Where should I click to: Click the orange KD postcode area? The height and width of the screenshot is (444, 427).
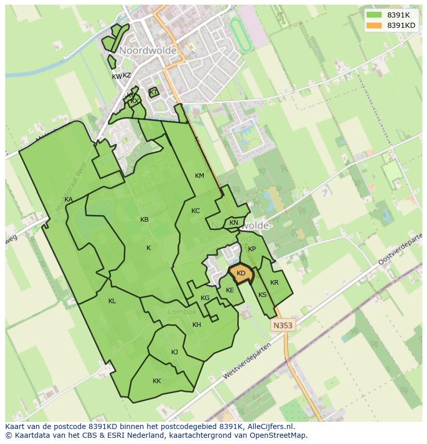(x=241, y=274)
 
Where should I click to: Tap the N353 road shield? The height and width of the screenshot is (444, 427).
(x=282, y=325)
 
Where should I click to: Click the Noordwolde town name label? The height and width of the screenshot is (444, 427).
(x=148, y=51)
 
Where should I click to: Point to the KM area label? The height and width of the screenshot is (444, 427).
(x=200, y=176)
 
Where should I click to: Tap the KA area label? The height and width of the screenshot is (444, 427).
(x=69, y=200)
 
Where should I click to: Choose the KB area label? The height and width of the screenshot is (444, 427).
(x=144, y=220)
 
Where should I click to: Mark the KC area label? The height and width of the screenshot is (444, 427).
(x=195, y=211)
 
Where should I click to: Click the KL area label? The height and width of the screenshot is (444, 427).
(x=112, y=301)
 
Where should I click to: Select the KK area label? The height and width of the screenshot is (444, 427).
(x=157, y=381)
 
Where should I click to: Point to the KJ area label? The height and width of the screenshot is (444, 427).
(x=174, y=352)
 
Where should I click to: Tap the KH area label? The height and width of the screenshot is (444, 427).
(x=196, y=325)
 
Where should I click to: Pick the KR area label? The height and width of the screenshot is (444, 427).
(x=274, y=283)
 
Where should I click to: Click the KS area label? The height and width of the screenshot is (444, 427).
(x=262, y=295)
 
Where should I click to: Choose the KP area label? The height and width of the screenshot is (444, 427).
(x=252, y=249)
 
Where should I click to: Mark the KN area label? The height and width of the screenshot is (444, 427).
(x=234, y=223)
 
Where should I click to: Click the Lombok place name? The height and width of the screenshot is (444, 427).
(x=182, y=312)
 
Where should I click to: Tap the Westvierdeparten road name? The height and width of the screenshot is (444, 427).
(x=247, y=361)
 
